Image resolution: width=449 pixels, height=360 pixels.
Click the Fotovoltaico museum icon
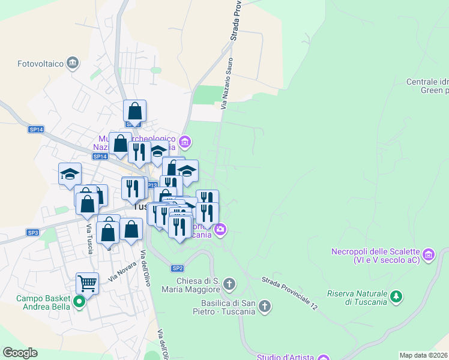click(73, 62)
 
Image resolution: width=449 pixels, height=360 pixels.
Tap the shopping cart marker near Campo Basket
click(88, 283)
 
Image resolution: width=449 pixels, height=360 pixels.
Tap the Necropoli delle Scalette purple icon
click(428, 255)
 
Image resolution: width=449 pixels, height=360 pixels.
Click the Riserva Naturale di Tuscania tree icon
click(396, 296)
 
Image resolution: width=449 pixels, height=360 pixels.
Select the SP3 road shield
click(32, 232)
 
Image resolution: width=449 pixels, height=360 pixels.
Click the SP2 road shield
click(177, 268)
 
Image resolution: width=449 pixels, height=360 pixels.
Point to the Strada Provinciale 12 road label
click(289, 292)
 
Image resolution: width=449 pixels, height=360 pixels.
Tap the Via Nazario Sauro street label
click(226, 83)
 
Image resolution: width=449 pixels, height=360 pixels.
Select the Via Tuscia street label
click(89, 238)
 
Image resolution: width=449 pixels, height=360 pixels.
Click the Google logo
click(20, 353)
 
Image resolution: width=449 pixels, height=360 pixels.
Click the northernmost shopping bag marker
click(135, 110)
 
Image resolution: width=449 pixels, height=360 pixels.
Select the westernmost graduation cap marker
click(70, 173)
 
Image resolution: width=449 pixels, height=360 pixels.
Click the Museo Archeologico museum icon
click(185, 142)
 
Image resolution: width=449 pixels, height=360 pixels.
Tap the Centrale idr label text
click(427, 82)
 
